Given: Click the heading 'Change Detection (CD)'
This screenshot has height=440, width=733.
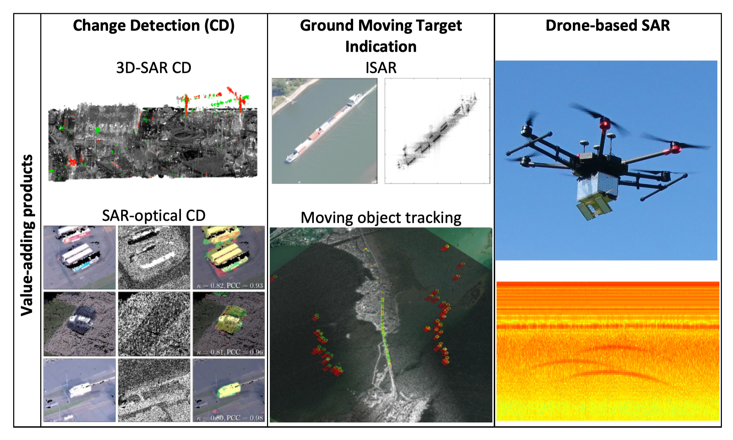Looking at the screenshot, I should tap(153, 26).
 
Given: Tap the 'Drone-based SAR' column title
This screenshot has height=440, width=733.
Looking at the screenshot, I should tap(607, 26).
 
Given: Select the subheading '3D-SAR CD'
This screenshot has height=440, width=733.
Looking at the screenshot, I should tap(153, 68).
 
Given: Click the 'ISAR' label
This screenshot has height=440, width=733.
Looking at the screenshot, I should tap(381, 68).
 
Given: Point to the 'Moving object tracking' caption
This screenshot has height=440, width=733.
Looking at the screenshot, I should tap(381, 218).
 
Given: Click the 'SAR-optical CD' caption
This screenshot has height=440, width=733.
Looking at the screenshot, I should tap(153, 215).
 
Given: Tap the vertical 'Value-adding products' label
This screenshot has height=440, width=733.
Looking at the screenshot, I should tap(27, 235).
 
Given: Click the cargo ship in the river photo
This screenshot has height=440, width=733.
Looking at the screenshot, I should tap(325, 130).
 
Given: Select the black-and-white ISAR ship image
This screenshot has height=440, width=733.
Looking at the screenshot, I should tap(437, 131).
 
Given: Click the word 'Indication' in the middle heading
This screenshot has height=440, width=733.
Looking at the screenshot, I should tap(381, 47).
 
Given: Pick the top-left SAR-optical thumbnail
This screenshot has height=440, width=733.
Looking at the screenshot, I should tap(80, 257).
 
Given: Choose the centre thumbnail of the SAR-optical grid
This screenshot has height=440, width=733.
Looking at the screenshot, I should tap(154, 324).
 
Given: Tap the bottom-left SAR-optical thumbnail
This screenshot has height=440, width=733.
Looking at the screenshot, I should tap(80, 390).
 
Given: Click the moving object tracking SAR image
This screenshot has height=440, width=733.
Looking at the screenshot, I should tap(381, 325).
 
